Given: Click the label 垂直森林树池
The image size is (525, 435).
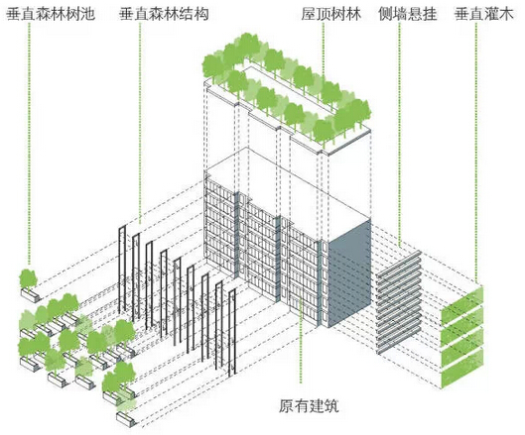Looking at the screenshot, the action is pos(51,14).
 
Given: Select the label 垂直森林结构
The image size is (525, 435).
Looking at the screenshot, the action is pos(164,14).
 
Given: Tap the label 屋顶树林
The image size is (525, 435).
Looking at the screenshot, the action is pos(331,14).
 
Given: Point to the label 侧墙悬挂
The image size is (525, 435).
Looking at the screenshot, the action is pos(408,14).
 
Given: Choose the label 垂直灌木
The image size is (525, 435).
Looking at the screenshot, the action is pos(484,14).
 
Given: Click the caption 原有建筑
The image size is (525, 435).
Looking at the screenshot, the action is pos(309,406).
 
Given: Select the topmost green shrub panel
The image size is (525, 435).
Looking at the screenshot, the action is pos(462,305).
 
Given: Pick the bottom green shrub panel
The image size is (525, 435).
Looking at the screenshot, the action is pos(462,369).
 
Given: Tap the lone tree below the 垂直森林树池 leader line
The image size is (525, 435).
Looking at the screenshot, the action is pos(28,279).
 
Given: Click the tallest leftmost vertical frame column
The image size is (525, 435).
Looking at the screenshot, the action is pos(122,270).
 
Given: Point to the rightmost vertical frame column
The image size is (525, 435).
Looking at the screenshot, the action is pos(231,333).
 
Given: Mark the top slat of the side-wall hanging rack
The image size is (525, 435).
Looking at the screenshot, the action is pos(398,264).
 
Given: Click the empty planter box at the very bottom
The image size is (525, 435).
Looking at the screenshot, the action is pos(127,419).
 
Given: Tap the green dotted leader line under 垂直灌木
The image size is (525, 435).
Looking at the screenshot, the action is pos(475,154).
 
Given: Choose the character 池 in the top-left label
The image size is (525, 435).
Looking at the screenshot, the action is pos(87,14).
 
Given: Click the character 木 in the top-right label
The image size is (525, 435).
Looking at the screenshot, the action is pos(506,14).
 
